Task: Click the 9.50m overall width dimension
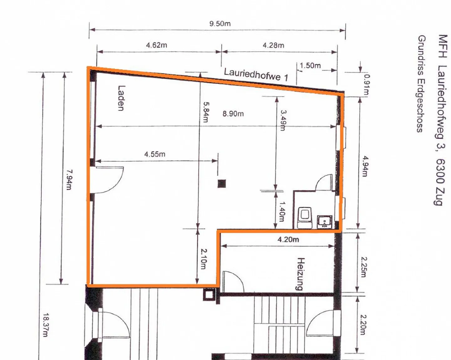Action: (220, 24)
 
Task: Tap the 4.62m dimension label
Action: (156, 45)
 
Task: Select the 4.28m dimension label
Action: (273, 45)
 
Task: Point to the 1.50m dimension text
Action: (310, 66)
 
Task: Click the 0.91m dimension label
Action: (366, 84)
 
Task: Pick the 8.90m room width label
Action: (233, 114)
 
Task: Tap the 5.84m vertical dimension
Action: (206, 112)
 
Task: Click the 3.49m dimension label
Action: (283, 120)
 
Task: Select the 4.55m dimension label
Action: (154, 154)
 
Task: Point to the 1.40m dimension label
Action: (282, 211)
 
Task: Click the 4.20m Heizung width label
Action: (288, 240)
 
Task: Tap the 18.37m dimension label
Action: (45, 325)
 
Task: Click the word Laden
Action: (121, 98)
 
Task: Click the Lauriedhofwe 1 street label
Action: (256, 75)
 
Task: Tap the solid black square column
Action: (222, 183)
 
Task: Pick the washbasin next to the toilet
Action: (324, 222)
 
